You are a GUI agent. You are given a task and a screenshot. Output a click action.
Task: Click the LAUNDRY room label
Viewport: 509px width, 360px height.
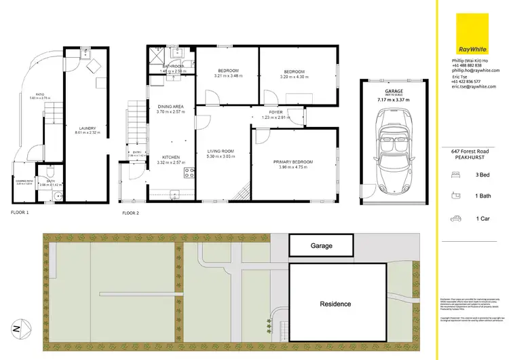[x=86, y=128]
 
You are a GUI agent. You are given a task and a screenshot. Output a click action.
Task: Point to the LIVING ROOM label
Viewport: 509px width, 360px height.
[x=220, y=151]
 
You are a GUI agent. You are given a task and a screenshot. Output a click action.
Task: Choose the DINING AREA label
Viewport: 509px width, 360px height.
[x=170, y=107]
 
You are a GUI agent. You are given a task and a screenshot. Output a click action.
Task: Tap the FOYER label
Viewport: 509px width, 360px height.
[x=276, y=113]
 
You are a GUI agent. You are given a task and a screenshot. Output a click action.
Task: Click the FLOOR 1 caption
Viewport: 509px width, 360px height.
[x=20, y=213]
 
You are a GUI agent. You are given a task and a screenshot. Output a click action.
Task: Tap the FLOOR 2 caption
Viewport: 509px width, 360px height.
[x=130, y=213]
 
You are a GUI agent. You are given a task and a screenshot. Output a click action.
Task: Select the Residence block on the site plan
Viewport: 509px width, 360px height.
[x=335, y=303]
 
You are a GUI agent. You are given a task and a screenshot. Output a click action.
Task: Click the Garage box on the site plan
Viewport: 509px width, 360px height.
[x=321, y=245]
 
